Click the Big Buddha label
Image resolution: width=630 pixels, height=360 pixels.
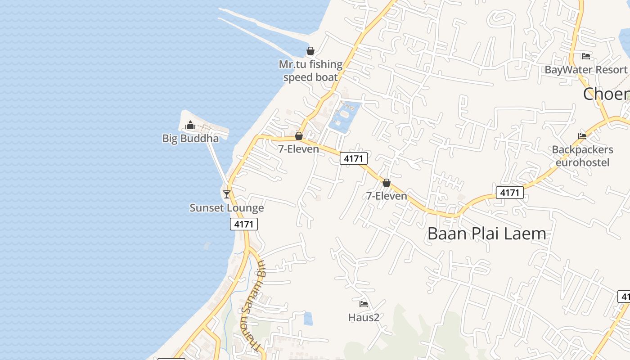click(x=190, y=138)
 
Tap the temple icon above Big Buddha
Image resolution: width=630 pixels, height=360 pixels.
click(x=190, y=125)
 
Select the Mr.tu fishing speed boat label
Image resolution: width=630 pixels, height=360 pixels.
click(x=310, y=71)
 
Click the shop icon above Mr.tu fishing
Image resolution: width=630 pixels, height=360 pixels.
click(x=310, y=51)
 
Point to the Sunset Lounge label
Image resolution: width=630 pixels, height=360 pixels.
click(x=226, y=208)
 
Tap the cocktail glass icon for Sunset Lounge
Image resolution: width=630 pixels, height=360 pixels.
click(x=227, y=194)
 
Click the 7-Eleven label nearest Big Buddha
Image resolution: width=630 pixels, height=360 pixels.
click(x=298, y=149)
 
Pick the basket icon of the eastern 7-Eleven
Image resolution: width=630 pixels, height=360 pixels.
click(x=386, y=183)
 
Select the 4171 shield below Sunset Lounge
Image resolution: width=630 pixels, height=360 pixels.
click(x=244, y=224)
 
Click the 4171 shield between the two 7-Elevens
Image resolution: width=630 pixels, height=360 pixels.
click(x=354, y=158)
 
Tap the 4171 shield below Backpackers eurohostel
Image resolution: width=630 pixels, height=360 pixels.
click(x=510, y=193)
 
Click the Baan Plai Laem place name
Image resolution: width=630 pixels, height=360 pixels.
click(x=487, y=234)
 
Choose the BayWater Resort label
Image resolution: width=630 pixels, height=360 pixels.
click(x=585, y=70)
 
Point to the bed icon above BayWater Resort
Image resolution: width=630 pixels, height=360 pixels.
click(x=585, y=56)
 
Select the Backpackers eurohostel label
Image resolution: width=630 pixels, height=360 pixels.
click(x=582, y=156)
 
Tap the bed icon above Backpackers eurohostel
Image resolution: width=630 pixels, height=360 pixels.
click(x=582, y=136)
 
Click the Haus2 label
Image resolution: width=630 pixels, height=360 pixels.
click(x=364, y=318)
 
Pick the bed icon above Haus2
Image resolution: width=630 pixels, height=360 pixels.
click(x=364, y=304)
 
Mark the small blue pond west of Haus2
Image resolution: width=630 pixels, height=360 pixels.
click(x=308, y=319)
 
